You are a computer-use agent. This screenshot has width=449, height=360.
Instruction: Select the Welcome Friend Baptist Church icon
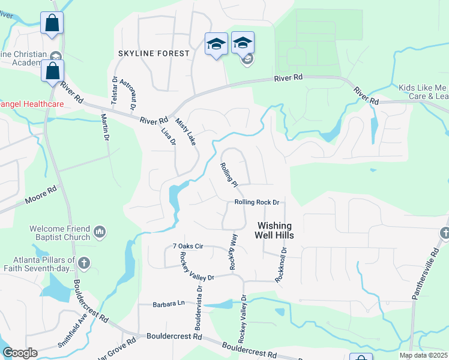pos(100,231)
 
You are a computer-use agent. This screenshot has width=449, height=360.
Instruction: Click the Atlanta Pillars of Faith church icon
pos(84,262)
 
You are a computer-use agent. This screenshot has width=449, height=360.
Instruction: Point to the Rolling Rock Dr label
pos(258,202)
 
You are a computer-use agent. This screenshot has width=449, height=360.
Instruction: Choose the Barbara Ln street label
pos(167,304)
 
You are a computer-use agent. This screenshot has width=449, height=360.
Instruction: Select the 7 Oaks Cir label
pos(188,246)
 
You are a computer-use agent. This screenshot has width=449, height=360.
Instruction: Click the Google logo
pos(20,353)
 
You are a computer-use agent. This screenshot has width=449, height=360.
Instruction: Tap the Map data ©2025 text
pos(423,355)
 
